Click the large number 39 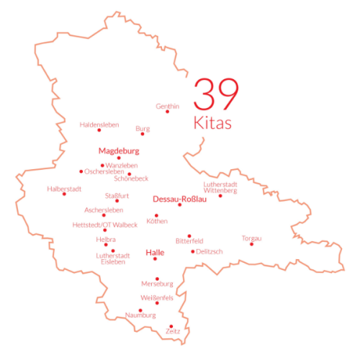point(216,95)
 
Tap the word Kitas point(213,123)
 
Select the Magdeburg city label point(118,151)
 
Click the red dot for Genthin point(167,112)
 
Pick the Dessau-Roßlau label point(180,199)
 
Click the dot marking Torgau point(251,244)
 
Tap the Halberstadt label point(64,189)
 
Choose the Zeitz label point(173,330)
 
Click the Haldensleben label point(99,124)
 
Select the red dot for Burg point(142,134)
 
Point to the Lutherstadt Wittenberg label point(220,187)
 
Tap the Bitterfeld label point(189,240)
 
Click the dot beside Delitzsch point(192,251)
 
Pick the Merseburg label point(158,283)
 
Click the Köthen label point(156,221)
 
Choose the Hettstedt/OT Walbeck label point(105,225)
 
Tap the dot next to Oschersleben point(81,171)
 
